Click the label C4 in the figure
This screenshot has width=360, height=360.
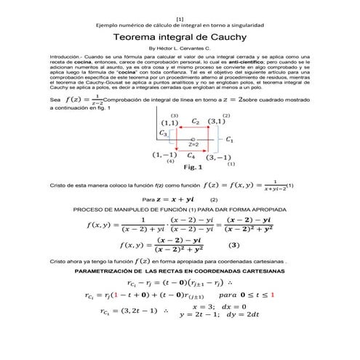pyautogui.click(x=191, y=155)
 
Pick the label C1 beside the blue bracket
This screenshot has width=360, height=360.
pyautogui.click(x=230, y=138)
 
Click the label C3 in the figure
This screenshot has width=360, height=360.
pyautogui.click(x=164, y=134)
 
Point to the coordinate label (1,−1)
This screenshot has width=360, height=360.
pyautogui.click(x=164, y=155)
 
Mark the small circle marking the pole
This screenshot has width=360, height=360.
pyautogui.click(x=192, y=138)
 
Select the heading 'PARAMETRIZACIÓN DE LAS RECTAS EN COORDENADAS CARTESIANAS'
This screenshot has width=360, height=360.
pyautogui.click(x=180, y=271)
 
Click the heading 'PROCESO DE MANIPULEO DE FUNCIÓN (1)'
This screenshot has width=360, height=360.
pyautogui.click(x=180, y=208)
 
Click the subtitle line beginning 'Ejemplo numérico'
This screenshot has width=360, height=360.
pyautogui.click(x=180, y=25)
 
